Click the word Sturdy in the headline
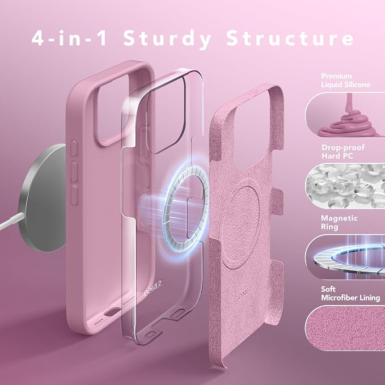click(x=167, y=39)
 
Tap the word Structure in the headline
click(x=290, y=38)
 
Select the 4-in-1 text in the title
click(x=69, y=38)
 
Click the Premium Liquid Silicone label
click(x=345, y=81)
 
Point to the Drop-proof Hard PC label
click(x=343, y=152)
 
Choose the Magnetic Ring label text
click(x=339, y=222)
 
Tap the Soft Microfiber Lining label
click(x=350, y=293)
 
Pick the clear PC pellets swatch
click(x=345, y=186)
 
